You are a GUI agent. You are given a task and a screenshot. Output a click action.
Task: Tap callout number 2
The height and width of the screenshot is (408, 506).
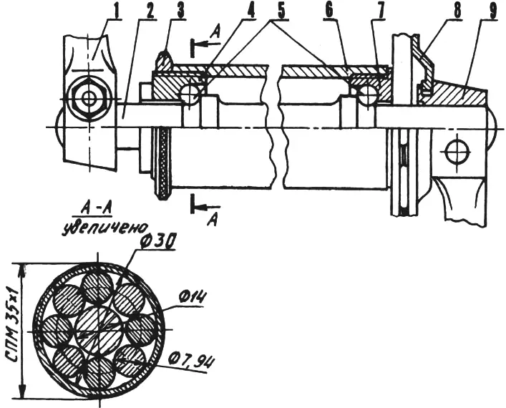(150, 11)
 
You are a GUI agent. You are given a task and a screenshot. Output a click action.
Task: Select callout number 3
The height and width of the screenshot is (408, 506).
(180, 11)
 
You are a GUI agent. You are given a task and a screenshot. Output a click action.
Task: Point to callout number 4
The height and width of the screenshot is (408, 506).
(250, 11)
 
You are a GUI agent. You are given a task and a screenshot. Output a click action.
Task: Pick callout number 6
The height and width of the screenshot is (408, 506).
(329, 11)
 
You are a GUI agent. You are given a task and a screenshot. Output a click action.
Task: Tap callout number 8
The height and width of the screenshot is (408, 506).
(457, 11)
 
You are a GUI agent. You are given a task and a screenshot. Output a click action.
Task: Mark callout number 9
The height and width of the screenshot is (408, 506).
(492, 11)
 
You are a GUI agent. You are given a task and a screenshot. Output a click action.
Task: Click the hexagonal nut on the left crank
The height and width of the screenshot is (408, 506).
(88, 98)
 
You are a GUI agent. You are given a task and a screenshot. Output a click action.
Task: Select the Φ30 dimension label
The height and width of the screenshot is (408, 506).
(157, 241)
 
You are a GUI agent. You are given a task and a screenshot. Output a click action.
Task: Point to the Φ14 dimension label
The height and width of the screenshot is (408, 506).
(191, 298)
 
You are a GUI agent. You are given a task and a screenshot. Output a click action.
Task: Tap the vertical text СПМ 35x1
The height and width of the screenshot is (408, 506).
(12, 330)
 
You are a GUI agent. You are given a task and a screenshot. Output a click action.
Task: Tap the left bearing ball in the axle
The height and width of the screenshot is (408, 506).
(190, 95)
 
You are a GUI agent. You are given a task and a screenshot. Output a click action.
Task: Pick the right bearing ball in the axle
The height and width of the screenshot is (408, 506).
(367, 95)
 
